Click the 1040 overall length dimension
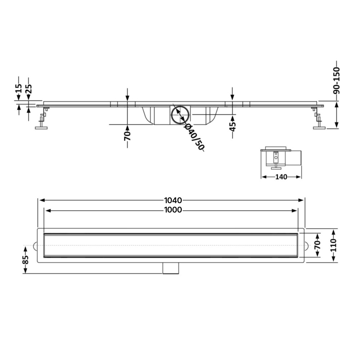click(173, 201)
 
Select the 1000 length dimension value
click(173, 210)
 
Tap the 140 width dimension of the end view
click(281, 177)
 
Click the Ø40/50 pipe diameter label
click(194, 137)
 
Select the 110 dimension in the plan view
click(334, 245)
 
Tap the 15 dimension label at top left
click(19, 89)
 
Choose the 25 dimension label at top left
click(28, 89)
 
